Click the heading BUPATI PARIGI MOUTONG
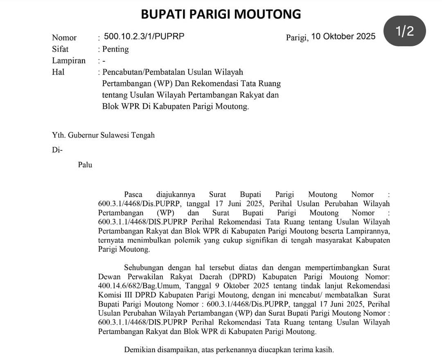click(x=221, y=14)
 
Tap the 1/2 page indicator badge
click(x=404, y=32)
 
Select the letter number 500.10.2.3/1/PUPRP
click(x=144, y=36)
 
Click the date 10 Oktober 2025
click(x=343, y=36)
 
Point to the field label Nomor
click(x=64, y=38)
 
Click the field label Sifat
click(x=60, y=49)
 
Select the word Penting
click(x=115, y=49)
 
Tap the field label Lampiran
click(x=69, y=61)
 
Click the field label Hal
click(x=58, y=72)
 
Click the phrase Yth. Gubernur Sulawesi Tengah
click(x=103, y=135)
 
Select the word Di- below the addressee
click(x=57, y=149)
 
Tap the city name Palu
click(x=85, y=165)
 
